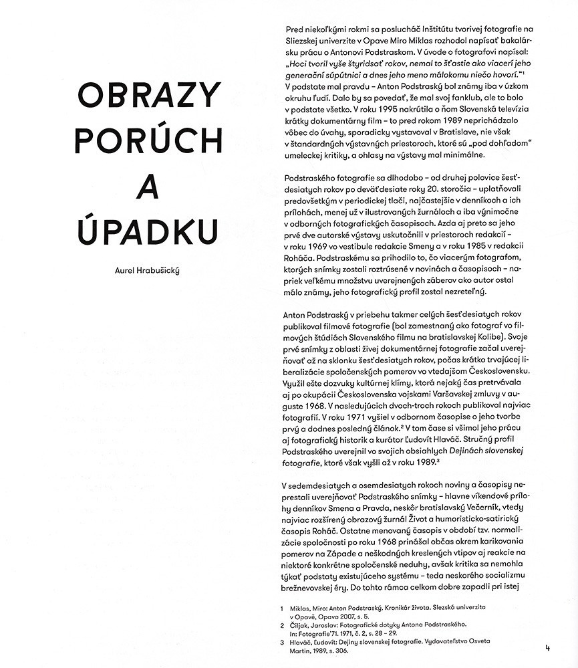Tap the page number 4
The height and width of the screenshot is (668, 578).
tap(547, 647)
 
